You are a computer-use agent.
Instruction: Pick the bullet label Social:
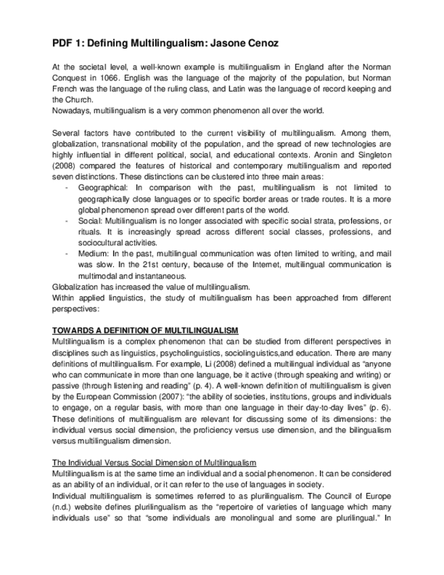point(91,222)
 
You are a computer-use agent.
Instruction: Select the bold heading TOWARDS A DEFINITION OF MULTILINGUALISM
point(145,330)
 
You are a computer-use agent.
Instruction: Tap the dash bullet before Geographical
point(65,187)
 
